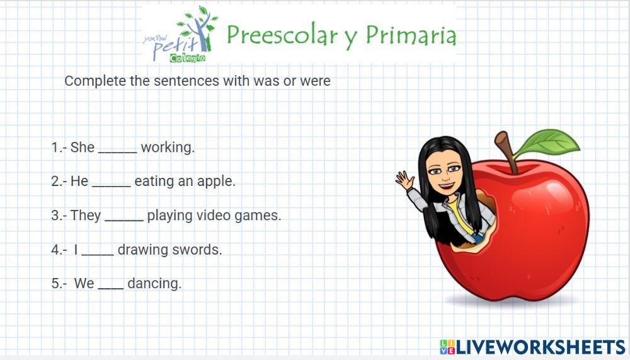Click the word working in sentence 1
point(168,148)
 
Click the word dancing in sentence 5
point(154,284)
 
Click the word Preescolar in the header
point(282,35)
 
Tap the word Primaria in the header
point(411,35)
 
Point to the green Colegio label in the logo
point(188,58)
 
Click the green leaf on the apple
point(549,142)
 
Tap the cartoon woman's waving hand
point(404,180)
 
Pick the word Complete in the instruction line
point(95,81)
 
